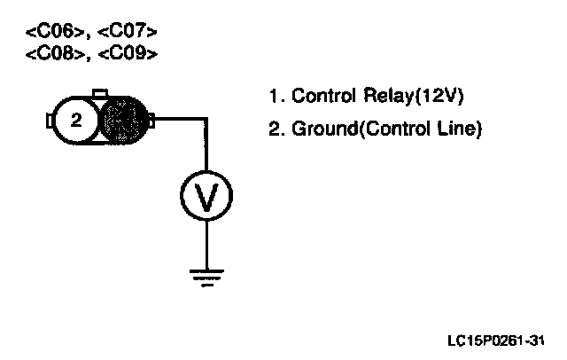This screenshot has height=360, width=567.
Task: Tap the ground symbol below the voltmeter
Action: click(x=206, y=278)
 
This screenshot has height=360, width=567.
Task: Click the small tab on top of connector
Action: click(x=100, y=92)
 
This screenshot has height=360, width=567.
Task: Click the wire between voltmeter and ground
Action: click(x=206, y=244)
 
